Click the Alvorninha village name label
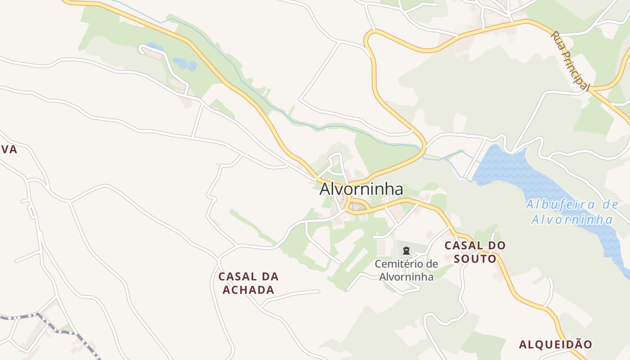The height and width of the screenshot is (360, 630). pyautogui.click(x=361, y=189)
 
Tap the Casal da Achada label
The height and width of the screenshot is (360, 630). pyautogui.click(x=248, y=283)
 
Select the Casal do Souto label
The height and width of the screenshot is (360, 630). pyautogui.click(x=475, y=252)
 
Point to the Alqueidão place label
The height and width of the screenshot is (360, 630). pyautogui.click(x=556, y=345)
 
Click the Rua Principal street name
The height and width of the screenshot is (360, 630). pyautogui.click(x=570, y=61)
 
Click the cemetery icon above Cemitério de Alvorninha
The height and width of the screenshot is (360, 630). pyautogui.click(x=406, y=251)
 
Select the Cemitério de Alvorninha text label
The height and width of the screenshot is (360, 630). pyautogui.click(x=406, y=270)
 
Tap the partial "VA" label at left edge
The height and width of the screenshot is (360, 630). pyautogui.click(x=8, y=150)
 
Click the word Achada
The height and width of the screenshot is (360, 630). pyautogui.click(x=248, y=290)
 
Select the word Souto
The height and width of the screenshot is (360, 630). pyautogui.click(x=475, y=259)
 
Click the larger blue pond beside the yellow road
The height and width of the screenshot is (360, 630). pyautogui.click(x=185, y=63)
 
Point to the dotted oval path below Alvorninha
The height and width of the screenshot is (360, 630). pyautogui.click(x=358, y=207)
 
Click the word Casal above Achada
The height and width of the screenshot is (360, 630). pyautogui.click(x=237, y=276)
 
